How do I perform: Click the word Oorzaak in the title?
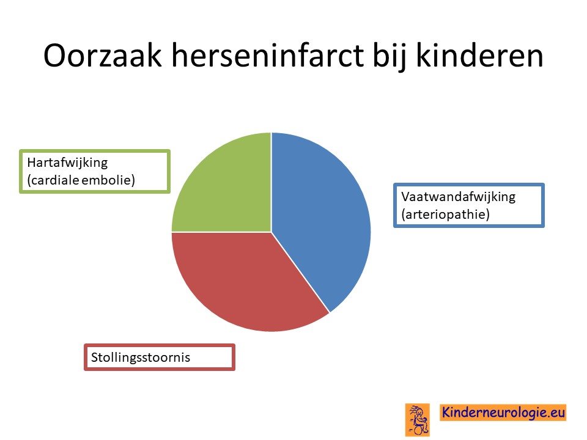[103, 56]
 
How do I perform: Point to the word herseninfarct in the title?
[268, 56]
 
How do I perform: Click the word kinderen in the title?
[479, 56]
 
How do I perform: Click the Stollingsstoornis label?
[141, 358]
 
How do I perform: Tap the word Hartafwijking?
[67, 163]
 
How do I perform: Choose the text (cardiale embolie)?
[81, 180]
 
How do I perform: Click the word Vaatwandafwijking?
[458, 197]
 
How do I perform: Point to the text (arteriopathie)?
[446, 215]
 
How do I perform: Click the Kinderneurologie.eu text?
[503, 413]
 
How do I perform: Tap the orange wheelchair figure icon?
[418, 420]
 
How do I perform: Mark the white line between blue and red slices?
[300, 272]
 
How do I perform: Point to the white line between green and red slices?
[221, 232]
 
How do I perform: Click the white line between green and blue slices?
[271, 182]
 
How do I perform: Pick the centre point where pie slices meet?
[271, 232]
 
